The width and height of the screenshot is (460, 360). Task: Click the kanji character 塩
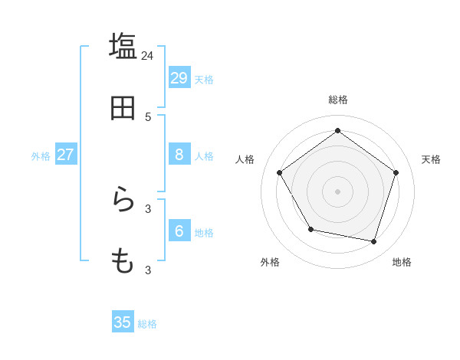(x=123, y=46)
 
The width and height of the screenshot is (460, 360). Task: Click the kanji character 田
(x=123, y=108)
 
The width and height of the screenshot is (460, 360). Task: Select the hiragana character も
(x=123, y=261)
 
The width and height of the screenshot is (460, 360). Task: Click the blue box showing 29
(x=179, y=77)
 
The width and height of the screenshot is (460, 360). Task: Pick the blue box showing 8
(x=179, y=155)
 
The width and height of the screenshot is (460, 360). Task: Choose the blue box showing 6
(x=179, y=231)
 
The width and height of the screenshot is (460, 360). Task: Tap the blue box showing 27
(x=65, y=155)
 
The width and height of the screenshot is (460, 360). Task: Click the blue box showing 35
(x=122, y=322)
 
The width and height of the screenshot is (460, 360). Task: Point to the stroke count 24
(x=147, y=55)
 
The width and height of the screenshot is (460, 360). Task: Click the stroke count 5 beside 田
(x=148, y=117)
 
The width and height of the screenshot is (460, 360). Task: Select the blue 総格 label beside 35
(x=147, y=324)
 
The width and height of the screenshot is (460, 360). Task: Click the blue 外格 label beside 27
(x=41, y=156)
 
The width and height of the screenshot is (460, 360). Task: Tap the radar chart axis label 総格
(x=338, y=100)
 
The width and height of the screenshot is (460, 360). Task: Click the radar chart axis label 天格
(x=431, y=159)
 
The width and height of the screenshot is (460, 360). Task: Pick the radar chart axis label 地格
(x=402, y=262)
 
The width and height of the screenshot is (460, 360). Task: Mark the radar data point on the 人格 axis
(x=279, y=172)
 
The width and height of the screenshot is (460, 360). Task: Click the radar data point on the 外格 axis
(x=310, y=229)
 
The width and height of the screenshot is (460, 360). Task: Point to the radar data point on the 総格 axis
(x=337, y=130)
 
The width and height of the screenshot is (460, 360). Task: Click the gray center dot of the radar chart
(x=337, y=191)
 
